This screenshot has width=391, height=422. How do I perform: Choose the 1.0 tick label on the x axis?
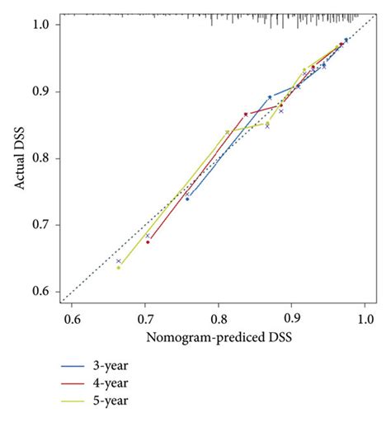(365, 319)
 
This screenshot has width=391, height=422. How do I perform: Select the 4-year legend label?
(111, 383)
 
